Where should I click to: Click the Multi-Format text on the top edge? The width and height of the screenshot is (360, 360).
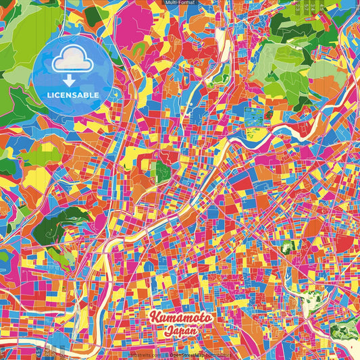(179, 3)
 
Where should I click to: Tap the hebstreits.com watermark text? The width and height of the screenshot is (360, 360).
(143, 355)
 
